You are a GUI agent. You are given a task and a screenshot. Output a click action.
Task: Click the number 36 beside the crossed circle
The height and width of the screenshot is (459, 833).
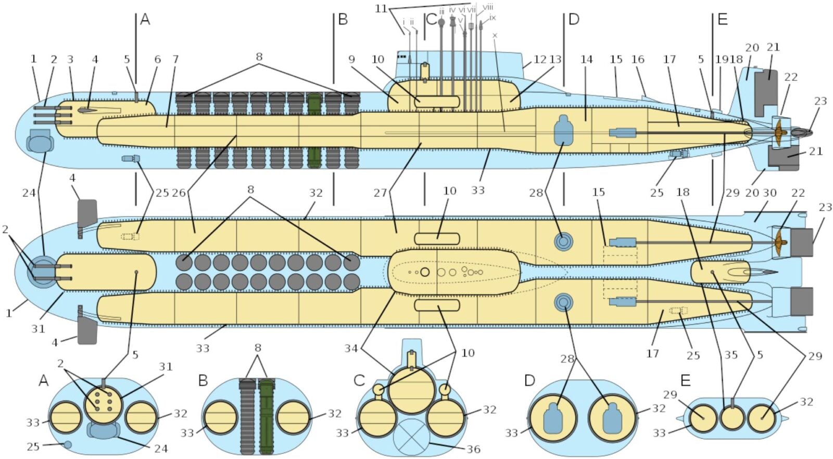tap(473, 449)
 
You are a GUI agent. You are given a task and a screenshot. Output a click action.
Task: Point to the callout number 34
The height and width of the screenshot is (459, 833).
tap(351, 348)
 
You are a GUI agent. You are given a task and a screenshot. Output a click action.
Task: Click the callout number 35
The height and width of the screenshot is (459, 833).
tap(731, 355)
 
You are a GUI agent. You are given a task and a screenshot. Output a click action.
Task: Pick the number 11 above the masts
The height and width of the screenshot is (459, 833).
tap(382, 9)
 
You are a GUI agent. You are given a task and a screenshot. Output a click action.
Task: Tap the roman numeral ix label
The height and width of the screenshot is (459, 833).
tap(492, 18)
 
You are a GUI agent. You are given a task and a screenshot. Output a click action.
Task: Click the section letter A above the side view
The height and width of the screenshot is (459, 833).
tap(145, 20)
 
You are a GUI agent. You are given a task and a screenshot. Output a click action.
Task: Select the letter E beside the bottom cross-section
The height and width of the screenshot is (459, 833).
tap(685, 381)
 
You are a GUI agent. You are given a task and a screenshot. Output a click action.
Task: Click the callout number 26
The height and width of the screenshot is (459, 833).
tap(179, 193)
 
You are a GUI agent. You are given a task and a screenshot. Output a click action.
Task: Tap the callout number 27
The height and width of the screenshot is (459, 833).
tap(380, 193)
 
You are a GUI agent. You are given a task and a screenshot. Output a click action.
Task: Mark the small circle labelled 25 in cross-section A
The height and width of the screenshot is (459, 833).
tap(67, 444)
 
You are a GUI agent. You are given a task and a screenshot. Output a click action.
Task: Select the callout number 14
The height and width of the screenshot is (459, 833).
tap(587, 59)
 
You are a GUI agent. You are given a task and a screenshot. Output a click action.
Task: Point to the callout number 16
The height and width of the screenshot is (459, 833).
tap(638, 59)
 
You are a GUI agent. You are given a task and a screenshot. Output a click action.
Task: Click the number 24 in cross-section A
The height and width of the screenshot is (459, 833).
tap(160, 448)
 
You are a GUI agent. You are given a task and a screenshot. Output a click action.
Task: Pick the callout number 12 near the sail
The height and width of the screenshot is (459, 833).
tap(540, 59)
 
